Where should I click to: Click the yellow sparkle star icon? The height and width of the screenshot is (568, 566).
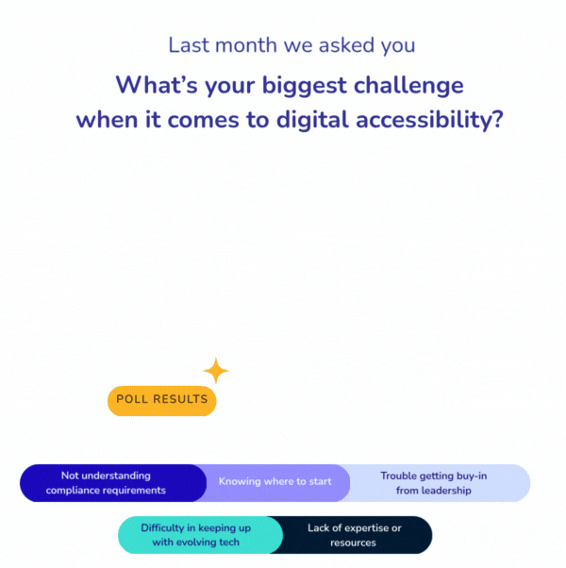216,371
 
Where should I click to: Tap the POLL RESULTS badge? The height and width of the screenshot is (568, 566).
161,400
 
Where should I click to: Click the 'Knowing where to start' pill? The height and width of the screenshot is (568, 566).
275,482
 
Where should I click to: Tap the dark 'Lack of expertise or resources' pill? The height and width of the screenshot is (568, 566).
355,535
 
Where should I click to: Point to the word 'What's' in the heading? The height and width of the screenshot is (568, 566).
157,85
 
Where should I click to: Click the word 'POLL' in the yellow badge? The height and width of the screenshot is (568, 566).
134,400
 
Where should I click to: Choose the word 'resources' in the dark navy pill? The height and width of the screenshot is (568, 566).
354,543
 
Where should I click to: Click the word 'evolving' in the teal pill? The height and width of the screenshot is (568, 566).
197,543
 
